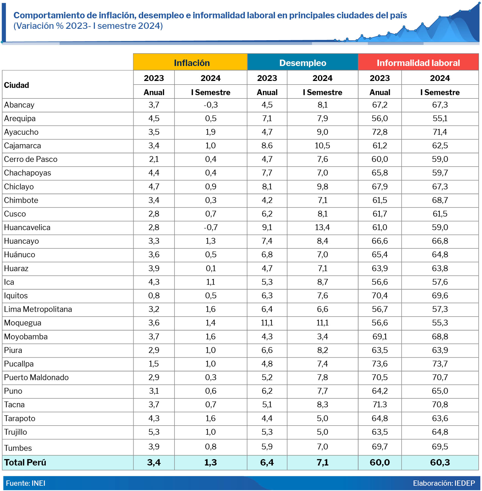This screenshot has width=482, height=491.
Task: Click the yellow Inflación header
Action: (192, 63)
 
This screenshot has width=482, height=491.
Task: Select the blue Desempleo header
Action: (302, 63)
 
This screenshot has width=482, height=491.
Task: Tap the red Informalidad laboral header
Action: (418, 63)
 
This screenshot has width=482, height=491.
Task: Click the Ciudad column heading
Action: (17, 85)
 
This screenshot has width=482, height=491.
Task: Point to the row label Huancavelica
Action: (27, 228)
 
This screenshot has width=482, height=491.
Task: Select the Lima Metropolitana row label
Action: (38, 309)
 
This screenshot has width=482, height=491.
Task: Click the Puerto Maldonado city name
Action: (36, 378)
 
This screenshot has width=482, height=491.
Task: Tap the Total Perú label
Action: (25, 462)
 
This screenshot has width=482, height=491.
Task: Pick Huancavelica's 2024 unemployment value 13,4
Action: (322, 228)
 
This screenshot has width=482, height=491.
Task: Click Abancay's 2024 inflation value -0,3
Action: (211, 105)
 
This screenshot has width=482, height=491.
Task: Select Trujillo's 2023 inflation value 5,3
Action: (154, 432)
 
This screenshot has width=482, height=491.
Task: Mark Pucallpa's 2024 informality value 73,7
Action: (440, 364)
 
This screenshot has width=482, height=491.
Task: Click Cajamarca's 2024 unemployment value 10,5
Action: (322, 146)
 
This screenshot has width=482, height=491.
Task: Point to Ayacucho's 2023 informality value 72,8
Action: (380, 132)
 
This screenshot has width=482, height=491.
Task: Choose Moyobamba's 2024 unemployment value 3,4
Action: (322, 337)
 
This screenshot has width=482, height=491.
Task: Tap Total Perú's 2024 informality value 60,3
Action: (440, 462)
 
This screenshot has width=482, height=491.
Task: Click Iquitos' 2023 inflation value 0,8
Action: (154, 296)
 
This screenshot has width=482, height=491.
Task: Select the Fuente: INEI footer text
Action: (25, 483)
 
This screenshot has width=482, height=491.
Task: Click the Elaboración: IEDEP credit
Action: (444, 483)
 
